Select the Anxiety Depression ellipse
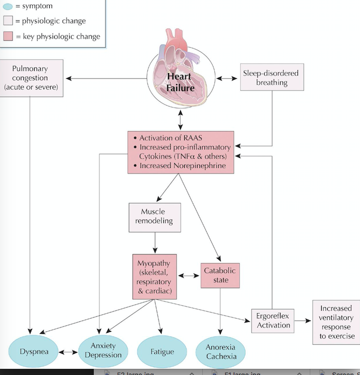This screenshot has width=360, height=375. pyautogui.click(x=103, y=350)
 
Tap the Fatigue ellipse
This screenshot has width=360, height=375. pyautogui.click(x=162, y=352)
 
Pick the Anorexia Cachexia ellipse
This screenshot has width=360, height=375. pyautogui.click(x=221, y=352)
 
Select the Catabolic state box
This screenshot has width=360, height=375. pyautogui.click(x=220, y=275)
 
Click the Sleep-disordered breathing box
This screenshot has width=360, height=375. pyautogui.click(x=271, y=77)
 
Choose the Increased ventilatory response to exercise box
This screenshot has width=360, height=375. pyautogui.click(x=335, y=322)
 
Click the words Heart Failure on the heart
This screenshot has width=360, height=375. pyautogui.click(x=180, y=82)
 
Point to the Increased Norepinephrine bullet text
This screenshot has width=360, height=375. pyautogui.click(x=182, y=165)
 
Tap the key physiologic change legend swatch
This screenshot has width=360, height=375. pyautogui.click(x=8, y=36)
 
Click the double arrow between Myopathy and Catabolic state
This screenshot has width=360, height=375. pyautogui.click(x=189, y=275)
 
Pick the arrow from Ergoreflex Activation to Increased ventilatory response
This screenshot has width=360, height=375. pyautogui.click(x=302, y=321)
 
